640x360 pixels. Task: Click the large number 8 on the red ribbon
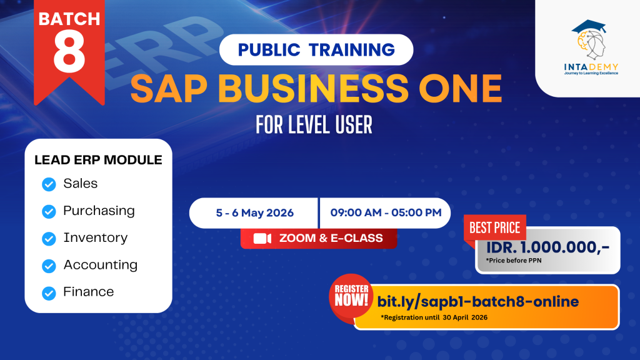click(69, 52)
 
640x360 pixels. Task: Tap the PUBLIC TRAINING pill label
click(316, 50)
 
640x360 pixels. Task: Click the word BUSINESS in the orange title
click(313, 89)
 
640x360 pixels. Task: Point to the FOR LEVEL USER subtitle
click(314, 125)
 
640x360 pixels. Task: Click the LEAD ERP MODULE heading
click(98, 159)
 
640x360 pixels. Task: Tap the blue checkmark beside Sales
click(49, 184)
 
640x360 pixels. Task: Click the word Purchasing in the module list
click(99, 211)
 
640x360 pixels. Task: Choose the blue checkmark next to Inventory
click(49, 239)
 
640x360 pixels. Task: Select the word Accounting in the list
click(101, 265)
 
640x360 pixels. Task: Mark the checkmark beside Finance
click(49, 293)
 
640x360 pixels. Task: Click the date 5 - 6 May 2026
click(255, 213)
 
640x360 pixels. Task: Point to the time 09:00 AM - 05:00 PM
click(386, 212)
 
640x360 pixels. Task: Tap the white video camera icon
click(262, 238)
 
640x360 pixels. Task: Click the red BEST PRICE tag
click(495, 227)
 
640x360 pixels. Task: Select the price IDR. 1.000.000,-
click(547, 247)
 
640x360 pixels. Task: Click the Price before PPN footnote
click(514, 261)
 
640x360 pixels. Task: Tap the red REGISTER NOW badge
click(351, 296)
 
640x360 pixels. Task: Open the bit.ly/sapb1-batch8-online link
click(478, 302)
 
